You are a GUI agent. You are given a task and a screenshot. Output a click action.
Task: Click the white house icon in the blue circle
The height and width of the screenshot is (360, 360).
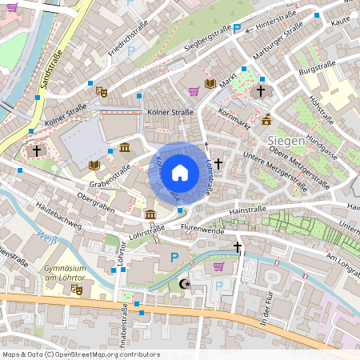(180, 172)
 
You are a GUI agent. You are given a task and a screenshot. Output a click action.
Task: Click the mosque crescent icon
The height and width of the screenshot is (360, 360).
(186, 284)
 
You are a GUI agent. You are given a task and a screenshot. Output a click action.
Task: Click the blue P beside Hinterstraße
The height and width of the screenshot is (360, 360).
(236, 29)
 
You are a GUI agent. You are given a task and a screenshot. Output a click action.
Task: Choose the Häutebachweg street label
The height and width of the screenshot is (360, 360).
(59, 216)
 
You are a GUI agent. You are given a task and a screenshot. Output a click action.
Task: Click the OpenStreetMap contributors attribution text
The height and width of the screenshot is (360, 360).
(80, 354)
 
